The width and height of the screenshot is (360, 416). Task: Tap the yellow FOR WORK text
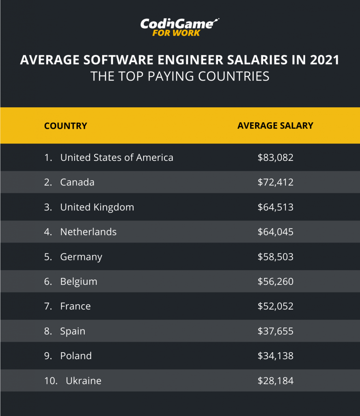click(176, 33)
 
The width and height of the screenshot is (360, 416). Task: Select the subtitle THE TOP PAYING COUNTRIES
click(180, 76)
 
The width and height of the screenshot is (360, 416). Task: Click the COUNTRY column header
click(65, 126)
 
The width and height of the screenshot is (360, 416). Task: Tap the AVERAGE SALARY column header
click(275, 126)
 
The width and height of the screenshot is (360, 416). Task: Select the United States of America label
click(116, 158)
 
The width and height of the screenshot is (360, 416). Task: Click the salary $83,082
click(275, 158)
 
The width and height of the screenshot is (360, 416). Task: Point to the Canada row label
click(77, 182)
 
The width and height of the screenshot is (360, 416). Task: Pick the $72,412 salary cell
click(275, 182)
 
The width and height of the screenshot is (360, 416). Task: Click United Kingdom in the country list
click(97, 207)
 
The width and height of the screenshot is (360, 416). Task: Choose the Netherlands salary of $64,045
click(275, 232)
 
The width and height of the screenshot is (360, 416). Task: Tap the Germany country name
click(81, 257)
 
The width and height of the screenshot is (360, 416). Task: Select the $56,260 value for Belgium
click(275, 282)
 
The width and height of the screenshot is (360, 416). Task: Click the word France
click(75, 306)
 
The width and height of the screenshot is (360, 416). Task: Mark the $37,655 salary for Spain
click(275, 331)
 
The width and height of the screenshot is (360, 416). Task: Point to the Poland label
click(76, 356)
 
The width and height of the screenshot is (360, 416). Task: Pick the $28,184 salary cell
click(275, 381)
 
